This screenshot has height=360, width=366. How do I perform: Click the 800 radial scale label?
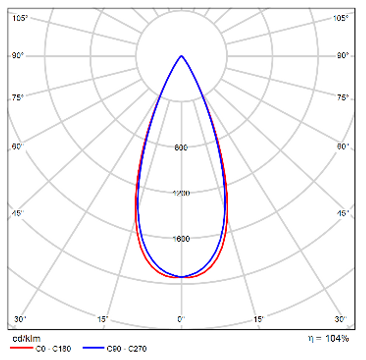tap(181, 148)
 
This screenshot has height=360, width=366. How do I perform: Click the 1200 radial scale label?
tap(181, 193)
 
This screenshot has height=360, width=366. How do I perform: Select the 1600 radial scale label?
tap(181, 239)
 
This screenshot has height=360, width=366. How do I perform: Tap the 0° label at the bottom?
tap(181, 319)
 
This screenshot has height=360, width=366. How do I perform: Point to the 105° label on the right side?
tap(341, 18)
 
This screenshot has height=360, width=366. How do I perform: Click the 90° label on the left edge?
tap(18, 55)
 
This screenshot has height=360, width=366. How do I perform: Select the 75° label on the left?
tap(18, 98)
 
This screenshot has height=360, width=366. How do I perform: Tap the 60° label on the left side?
tap(18, 147)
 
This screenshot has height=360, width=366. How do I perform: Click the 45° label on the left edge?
tap(18, 213)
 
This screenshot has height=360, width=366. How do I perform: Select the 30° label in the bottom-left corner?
tap(20, 319)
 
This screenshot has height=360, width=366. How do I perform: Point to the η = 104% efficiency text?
tap(328, 338)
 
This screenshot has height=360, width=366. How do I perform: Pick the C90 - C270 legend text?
tap(127, 349)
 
